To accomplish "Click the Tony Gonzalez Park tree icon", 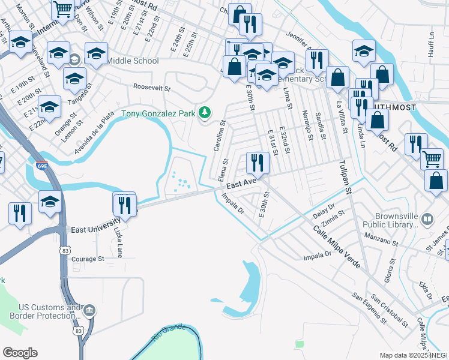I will click(205, 112).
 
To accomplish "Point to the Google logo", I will click(20, 352).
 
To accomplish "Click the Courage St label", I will click(88, 259).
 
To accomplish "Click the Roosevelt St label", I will click(152, 88).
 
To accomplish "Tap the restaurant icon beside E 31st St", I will click(256, 162).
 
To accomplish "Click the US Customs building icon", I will click(89, 310).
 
